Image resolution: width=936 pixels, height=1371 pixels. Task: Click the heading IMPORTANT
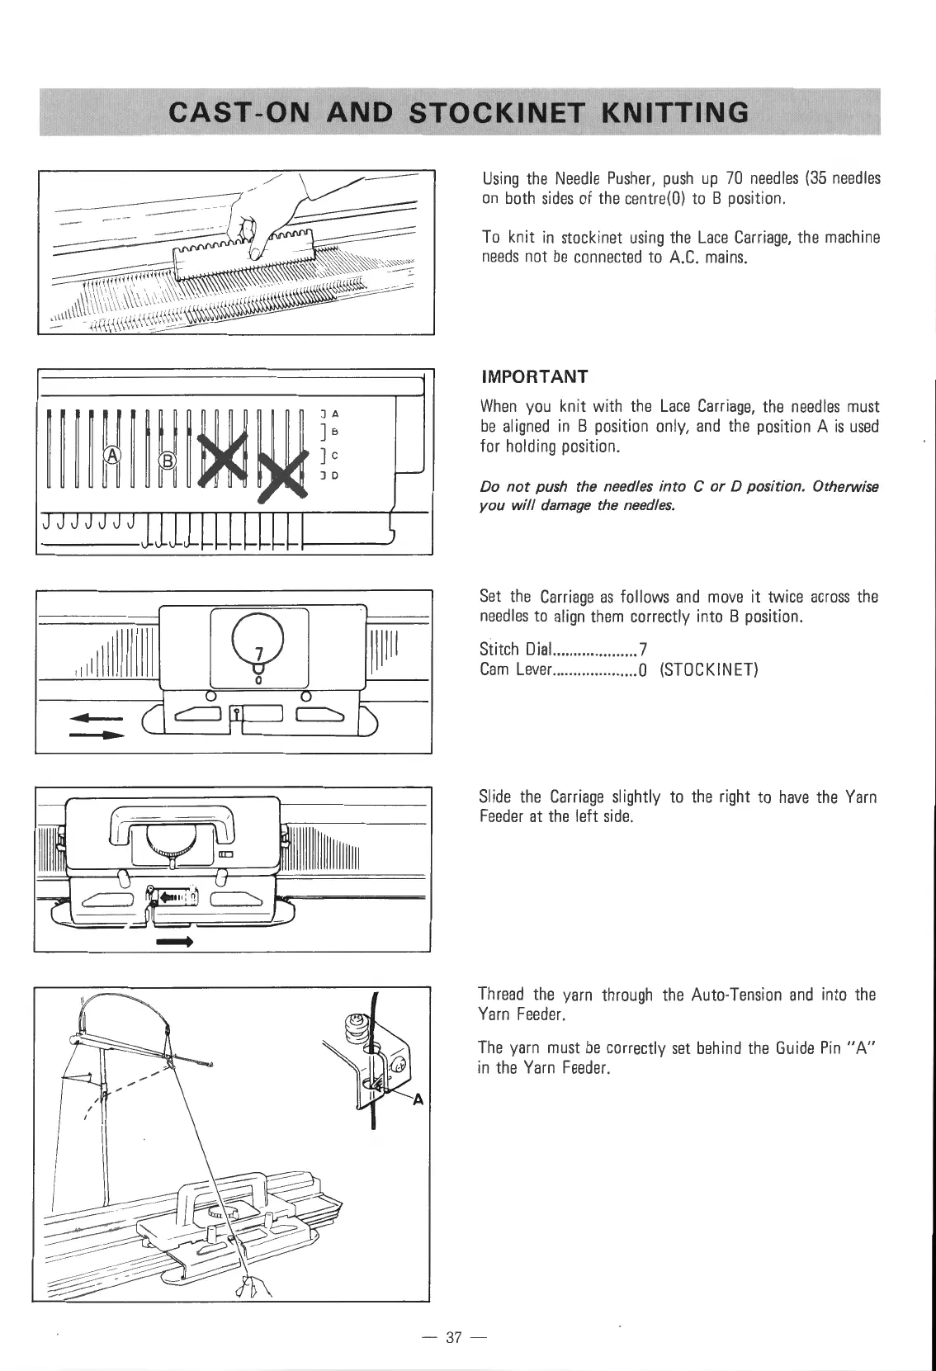(534, 377)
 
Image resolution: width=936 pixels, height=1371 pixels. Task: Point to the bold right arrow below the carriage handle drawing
(174, 941)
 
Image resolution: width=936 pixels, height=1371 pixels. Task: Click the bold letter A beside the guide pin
(417, 1099)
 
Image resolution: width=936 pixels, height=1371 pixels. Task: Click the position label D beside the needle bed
(337, 476)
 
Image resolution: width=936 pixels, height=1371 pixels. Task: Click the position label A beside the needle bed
(337, 413)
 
